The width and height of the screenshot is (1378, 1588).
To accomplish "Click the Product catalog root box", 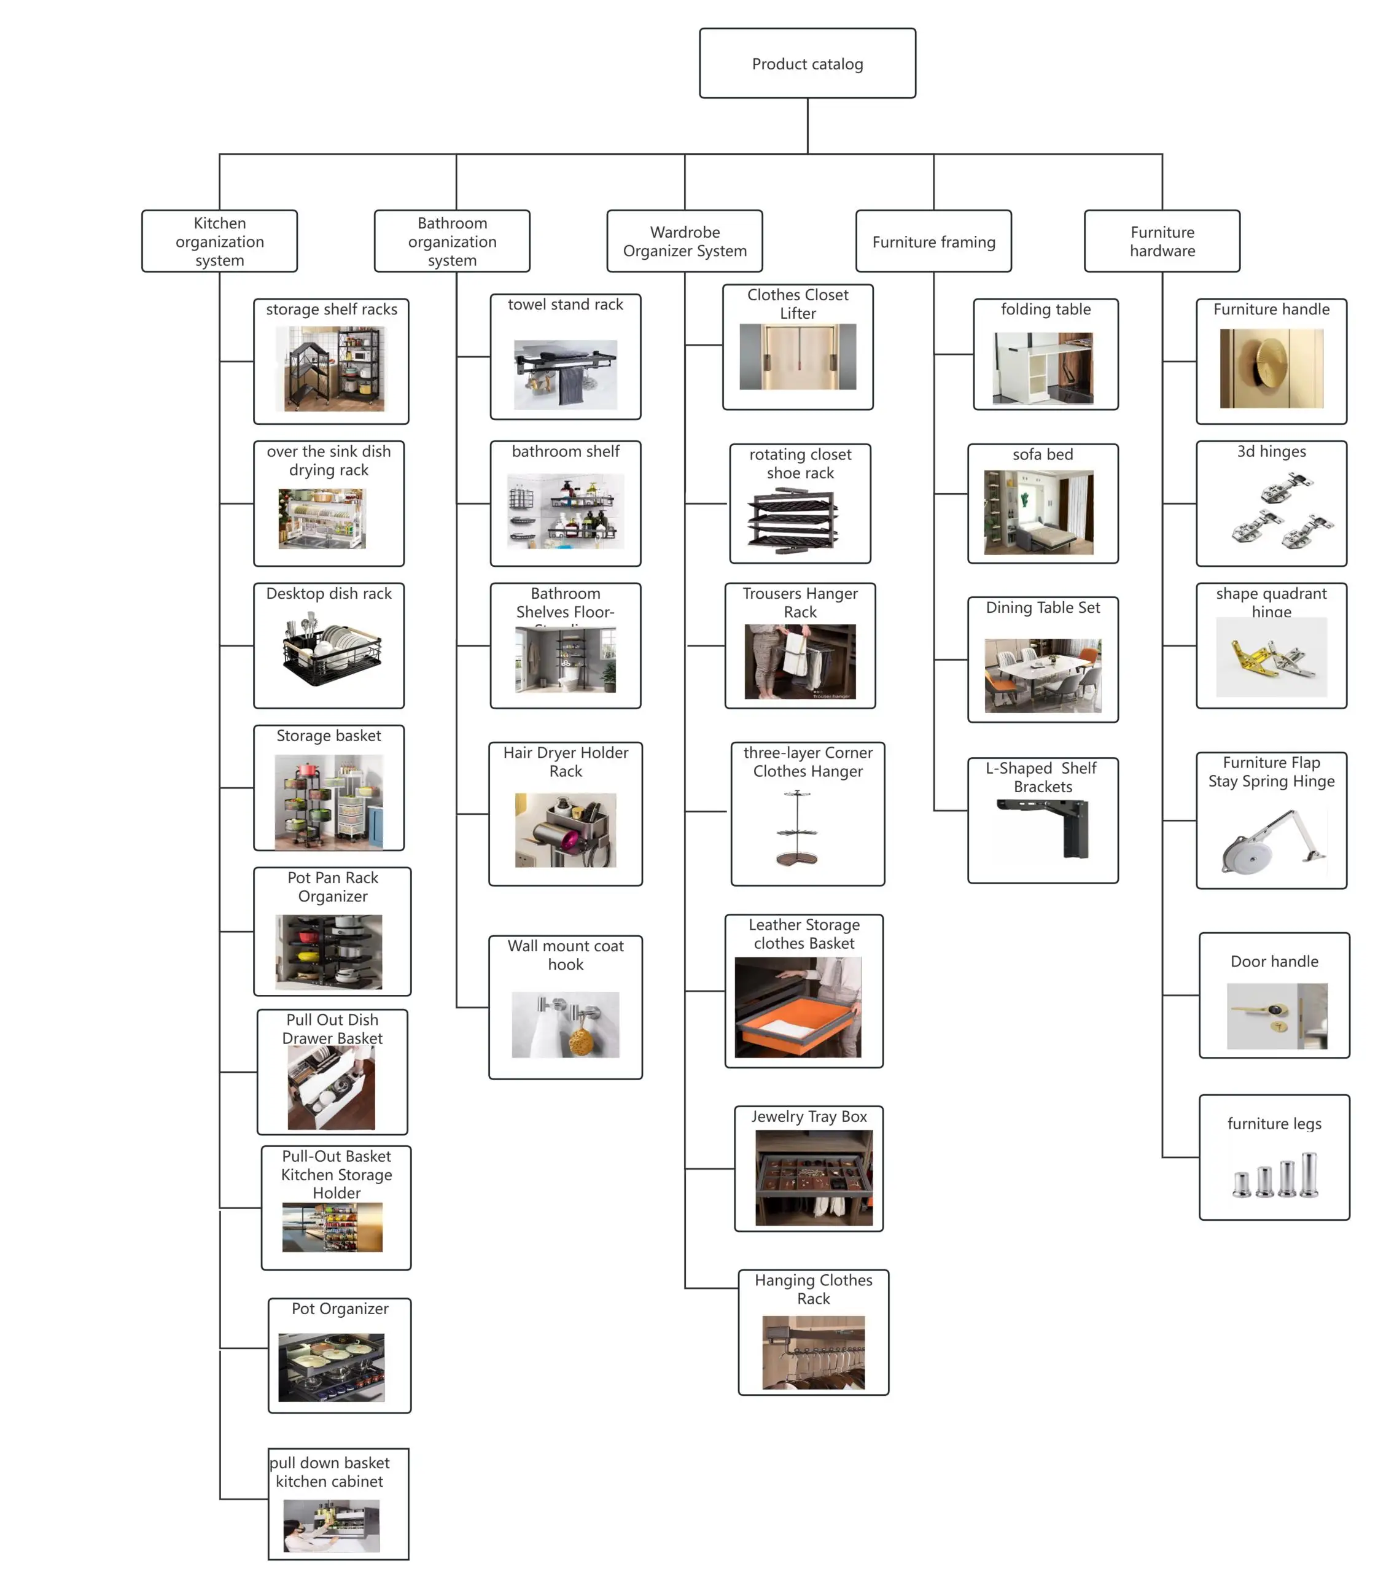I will (x=807, y=63).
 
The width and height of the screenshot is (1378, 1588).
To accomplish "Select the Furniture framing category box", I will (x=933, y=241).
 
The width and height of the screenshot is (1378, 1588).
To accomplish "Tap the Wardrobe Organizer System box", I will (x=684, y=241).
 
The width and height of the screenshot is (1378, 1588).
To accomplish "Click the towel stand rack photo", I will (x=565, y=375).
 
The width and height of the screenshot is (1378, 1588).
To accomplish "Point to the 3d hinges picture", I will (x=1281, y=509).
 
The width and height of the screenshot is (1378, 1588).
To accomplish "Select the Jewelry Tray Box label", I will (x=809, y=1116).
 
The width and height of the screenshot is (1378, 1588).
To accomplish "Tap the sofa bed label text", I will (x=1042, y=454).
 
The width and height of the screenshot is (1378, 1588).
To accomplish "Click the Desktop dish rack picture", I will (x=332, y=648).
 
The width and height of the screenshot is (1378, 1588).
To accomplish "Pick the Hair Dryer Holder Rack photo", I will (x=565, y=830).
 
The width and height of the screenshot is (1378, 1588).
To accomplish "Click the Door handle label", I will (x=1274, y=961).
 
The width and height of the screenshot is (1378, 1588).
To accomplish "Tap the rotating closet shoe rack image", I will (x=792, y=520).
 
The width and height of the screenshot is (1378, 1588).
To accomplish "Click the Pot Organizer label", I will (x=339, y=1308).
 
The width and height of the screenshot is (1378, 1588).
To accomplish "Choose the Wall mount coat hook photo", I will (x=565, y=1024).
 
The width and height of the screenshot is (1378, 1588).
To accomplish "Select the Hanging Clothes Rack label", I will (x=813, y=1289).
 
